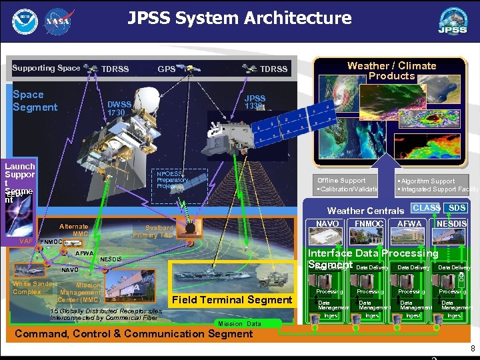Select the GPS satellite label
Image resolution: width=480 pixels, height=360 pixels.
(x=166, y=69)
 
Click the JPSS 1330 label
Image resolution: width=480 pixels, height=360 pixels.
(x=255, y=102)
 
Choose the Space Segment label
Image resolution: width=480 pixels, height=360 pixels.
(x=35, y=101)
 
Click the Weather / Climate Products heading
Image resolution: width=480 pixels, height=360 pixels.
(x=391, y=71)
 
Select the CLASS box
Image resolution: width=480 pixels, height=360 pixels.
(x=426, y=209)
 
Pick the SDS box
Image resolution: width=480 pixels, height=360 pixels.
(x=457, y=209)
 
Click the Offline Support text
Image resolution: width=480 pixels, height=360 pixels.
(x=341, y=181)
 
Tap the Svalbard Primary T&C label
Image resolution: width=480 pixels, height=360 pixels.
(x=154, y=231)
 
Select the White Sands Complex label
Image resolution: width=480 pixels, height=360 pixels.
(x=31, y=287)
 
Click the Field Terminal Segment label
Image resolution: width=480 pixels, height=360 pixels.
(x=231, y=300)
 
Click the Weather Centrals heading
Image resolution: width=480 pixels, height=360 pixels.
(x=365, y=211)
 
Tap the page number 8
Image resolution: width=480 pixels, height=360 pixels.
(x=472, y=348)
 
